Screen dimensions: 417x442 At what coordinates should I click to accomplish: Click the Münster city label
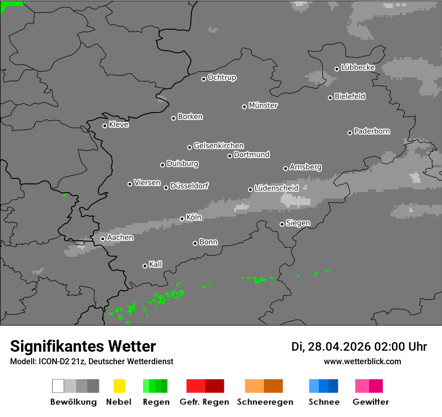pyautogui.click(x=263, y=106)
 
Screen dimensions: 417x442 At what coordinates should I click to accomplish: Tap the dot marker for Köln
pyautogui.click(x=182, y=219)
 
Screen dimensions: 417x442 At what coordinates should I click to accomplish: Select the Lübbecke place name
pyautogui.click(x=358, y=67)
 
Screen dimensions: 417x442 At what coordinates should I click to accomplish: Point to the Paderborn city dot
pyautogui.click(x=350, y=133)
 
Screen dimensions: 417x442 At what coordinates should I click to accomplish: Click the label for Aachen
pyautogui.click(x=120, y=238)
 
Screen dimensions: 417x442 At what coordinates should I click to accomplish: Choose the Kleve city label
pyautogui.click(x=119, y=125)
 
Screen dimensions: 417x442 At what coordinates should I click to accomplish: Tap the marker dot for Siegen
pyautogui.click(x=282, y=224)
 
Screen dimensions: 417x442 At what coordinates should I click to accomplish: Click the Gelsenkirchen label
pyautogui.click(x=218, y=146)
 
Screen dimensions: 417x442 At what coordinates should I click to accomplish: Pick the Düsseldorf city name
pyautogui.click(x=189, y=186)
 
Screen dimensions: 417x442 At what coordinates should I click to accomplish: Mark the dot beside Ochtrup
pyautogui.click(x=203, y=78)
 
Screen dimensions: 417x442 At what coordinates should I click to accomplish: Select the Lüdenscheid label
pyautogui.click(x=276, y=188)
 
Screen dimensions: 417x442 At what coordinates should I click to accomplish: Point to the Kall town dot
pyautogui.click(x=145, y=266)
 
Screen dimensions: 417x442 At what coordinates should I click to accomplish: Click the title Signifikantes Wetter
pyautogui.click(x=83, y=346)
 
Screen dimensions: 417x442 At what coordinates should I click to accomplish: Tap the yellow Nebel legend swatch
pyautogui.click(x=119, y=386)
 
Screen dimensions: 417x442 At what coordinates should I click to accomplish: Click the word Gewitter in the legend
pyautogui.click(x=371, y=402)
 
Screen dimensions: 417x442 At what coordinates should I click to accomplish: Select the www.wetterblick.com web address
pyautogui.click(x=362, y=361)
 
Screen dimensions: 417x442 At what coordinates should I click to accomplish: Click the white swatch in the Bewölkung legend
pyautogui.click(x=58, y=386)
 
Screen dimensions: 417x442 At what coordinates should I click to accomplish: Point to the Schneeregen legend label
pyautogui.click(x=265, y=402)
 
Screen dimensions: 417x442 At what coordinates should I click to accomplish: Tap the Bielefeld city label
pyautogui.click(x=350, y=96)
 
